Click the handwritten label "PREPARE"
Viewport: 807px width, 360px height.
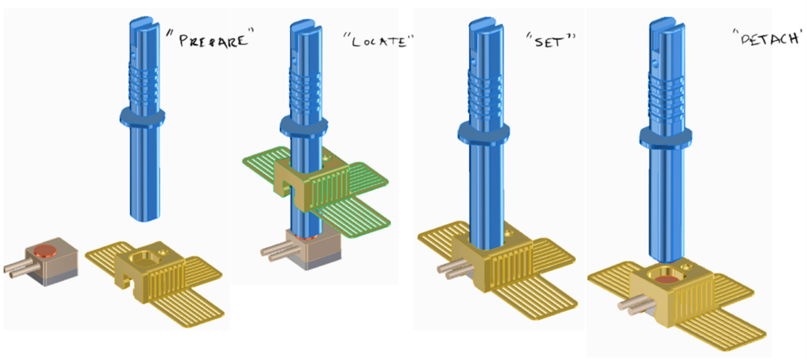point(207,41)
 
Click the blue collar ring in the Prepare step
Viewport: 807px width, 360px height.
point(142,117)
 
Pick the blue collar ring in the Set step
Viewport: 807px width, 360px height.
point(483,132)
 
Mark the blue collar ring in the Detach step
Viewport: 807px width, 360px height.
point(668,136)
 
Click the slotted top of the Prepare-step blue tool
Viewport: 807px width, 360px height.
point(141,24)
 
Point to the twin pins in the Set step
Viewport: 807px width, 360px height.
point(449,270)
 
